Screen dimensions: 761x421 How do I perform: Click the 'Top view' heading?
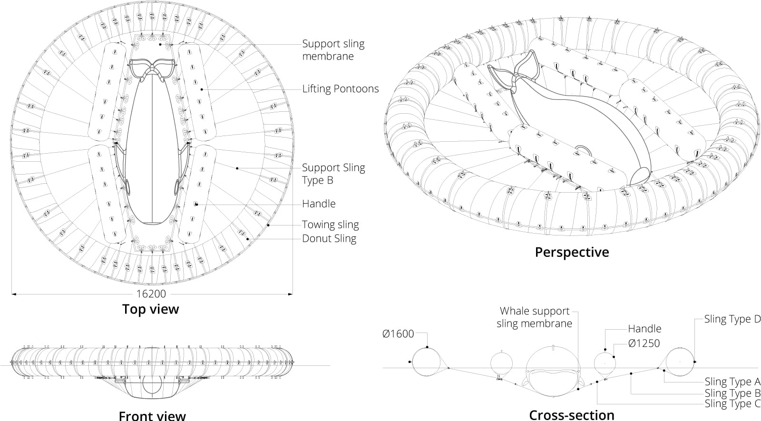point(150,309)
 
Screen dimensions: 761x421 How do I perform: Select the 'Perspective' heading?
point(572,253)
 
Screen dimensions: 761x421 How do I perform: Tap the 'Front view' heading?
point(152,416)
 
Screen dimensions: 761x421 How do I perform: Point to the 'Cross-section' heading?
point(572,415)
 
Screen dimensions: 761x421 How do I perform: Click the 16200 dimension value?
point(151,294)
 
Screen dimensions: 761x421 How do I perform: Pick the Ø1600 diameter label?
point(398,334)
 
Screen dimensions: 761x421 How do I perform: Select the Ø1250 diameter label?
point(644,343)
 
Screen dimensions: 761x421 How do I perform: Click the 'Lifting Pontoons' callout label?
point(341,88)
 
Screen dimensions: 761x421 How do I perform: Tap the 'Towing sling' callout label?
point(330,225)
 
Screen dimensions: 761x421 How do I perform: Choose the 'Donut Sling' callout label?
point(329,238)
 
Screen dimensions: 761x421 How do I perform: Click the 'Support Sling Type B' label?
point(333,174)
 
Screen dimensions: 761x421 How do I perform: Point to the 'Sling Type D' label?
point(732,319)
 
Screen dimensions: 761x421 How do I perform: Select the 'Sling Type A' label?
point(732,382)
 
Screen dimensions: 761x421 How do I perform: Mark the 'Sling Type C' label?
point(732,404)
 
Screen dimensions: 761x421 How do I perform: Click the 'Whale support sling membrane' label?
point(535,317)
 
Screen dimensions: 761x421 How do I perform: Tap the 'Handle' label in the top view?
point(319,204)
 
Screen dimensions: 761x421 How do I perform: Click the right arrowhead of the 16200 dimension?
point(291,294)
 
